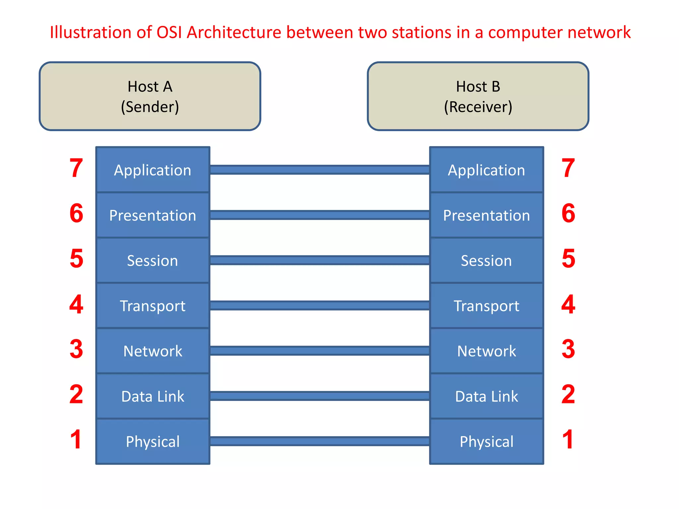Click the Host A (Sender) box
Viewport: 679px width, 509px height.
coord(150,96)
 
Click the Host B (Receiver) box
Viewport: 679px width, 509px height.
coord(478,96)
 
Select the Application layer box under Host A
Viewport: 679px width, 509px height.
coord(153,170)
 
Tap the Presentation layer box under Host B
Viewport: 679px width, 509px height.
coord(486,215)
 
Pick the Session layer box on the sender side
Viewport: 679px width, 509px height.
coord(153,260)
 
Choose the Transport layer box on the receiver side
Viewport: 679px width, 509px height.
coord(486,306)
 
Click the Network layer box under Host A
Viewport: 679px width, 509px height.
coord(153,351)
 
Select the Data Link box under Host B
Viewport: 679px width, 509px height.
coord(486,396)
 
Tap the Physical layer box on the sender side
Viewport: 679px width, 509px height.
coord(153,441)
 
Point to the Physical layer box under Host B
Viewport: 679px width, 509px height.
coord(486,441)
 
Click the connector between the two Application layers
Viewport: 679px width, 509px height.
coord(320,170)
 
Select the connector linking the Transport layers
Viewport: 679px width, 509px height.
coord(320,306)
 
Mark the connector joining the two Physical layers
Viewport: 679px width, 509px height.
coord(320,441)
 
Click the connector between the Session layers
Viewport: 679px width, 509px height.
coord(320,260)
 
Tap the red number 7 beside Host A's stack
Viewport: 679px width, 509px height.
coord(76,168)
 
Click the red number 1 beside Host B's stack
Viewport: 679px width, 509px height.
coord(568,439)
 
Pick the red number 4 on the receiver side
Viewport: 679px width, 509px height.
coord(568,304)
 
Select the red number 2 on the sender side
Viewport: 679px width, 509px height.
coord(76,394)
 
